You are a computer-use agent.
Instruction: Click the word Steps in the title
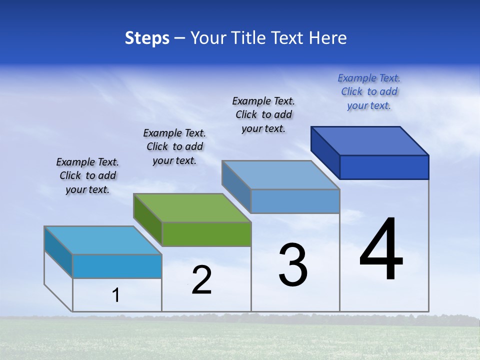tap(147, 38)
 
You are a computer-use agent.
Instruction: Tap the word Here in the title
tap(327, 38)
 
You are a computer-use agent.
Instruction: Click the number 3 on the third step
tap(293, 265)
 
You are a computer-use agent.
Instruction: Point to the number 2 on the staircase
tap(201, 280)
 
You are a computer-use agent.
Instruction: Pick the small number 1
tap(116, 295)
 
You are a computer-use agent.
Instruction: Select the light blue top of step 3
tap(281, 175)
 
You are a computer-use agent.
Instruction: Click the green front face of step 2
tap(206, 234)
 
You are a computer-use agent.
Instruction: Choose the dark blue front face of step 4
tap(384, 167)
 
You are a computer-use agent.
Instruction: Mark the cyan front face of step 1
tap(117, 266)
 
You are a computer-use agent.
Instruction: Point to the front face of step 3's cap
tap(295, 201)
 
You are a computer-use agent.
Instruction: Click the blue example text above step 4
tap(369, 91)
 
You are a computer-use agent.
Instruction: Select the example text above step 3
tap(263, 114)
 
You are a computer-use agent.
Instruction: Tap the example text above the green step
tap(174, 146)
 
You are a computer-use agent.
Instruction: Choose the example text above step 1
tap(87, 175)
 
